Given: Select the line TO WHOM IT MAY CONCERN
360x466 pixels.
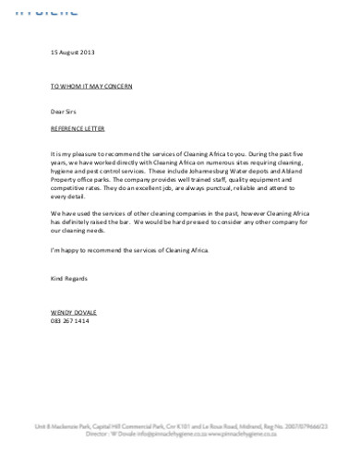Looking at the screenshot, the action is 90,85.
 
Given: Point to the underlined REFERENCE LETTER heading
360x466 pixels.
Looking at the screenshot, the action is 78,125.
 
